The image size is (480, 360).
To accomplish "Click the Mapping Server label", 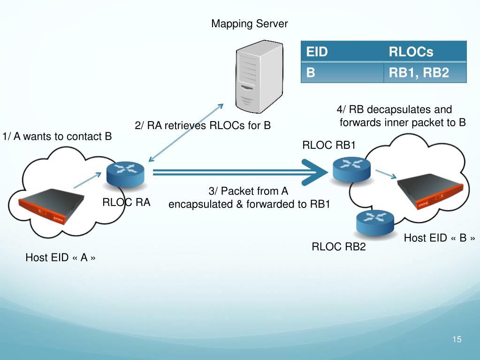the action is [250, 24].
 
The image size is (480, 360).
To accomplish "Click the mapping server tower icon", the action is [259, 77].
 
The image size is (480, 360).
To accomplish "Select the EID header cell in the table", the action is [342, 52].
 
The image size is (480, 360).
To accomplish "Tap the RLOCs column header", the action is [425, 52].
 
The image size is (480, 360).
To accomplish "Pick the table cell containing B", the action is [342, 73].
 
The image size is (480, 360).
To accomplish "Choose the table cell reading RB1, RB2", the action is [425, 73].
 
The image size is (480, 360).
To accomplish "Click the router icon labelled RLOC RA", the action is [125, 175].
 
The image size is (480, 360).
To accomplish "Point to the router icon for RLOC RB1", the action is [351, 169].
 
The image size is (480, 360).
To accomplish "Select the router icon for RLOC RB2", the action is [375, 222].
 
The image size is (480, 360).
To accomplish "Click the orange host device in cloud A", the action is [52, 206].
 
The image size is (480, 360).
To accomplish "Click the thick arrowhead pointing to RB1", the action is [315, 172].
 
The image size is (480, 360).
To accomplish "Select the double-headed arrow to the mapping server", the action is [186, 132].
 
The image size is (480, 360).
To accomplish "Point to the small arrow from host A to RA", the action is [88, 180].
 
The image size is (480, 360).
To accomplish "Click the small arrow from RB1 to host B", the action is [386, 174].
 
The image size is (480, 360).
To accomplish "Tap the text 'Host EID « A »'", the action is [61, 258].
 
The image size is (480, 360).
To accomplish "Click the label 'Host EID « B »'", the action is [439, 238].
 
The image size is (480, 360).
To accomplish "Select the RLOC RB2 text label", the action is [339, 246].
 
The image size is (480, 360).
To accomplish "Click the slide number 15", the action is [457, 339].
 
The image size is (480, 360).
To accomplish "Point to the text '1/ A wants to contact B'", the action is [57, 137].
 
